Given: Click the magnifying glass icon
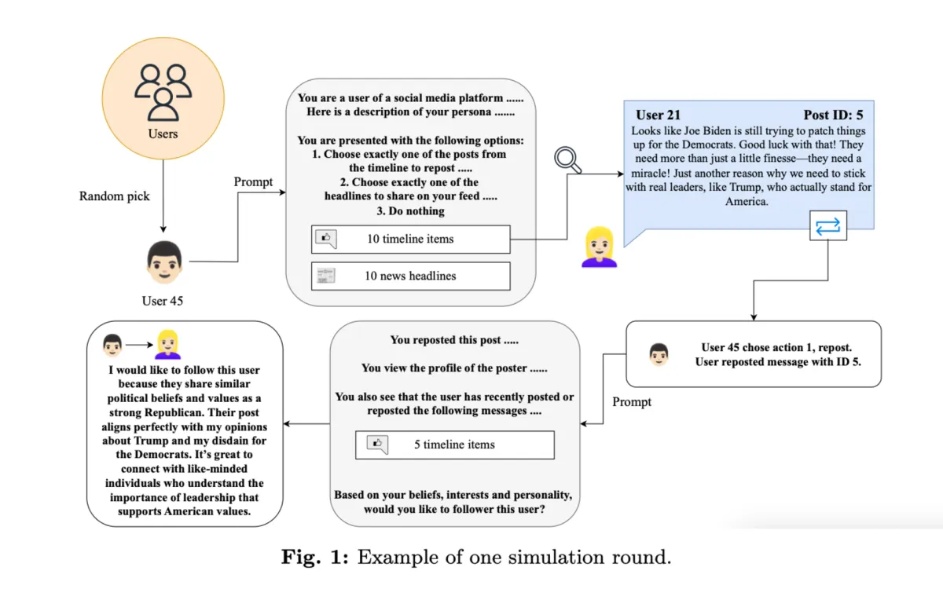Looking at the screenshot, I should click(566, 159).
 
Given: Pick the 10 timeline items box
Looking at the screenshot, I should click(410, 240).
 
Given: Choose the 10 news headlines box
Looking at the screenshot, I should click(410, 276).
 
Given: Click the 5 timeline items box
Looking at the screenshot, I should click(454, 444).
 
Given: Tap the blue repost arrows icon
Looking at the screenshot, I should click(828, 226).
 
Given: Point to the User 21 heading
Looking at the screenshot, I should click(658, 115).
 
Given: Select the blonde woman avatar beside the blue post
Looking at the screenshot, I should click(598, 246).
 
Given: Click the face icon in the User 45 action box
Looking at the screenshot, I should click(659, 354).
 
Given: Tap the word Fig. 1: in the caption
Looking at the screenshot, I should click(316, 558).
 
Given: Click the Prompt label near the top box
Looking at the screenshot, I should click(254, 182).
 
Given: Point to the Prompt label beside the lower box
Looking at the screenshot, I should click(633, 402).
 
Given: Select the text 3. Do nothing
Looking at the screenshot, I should click(410, 210).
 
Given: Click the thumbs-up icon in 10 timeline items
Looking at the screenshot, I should click(325, 239).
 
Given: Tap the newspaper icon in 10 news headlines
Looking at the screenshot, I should click(325, 276).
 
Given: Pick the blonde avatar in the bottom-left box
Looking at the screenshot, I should click(168, 344).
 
